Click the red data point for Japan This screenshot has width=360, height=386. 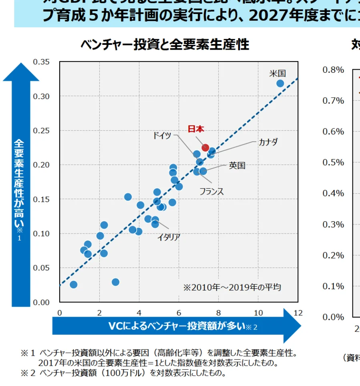[x=205, y=148]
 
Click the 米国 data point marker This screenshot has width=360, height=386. [x=280, y=83]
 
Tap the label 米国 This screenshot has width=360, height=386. [x=277, y=74]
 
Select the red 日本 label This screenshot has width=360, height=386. [x=196, y=129]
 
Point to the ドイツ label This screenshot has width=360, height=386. [x=162, y=135]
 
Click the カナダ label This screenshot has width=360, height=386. [x=268, y=142]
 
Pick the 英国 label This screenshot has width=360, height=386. [x=237, y=165]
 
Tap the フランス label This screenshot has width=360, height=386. [x=211, y=191]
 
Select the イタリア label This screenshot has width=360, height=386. [x=168, y=237]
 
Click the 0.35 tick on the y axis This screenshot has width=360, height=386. [x=42, y=62]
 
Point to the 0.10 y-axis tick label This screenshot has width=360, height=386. [x=42, y=234]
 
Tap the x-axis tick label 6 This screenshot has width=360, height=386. [x=179, y=312]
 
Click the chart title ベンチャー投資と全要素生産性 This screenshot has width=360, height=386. [x=165, y=44]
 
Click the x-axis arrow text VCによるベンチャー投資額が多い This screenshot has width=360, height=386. [x=176, y=326]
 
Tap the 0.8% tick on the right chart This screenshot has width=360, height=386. [x=333, y=70]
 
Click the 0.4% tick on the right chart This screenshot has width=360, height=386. [x=333, y=193]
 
